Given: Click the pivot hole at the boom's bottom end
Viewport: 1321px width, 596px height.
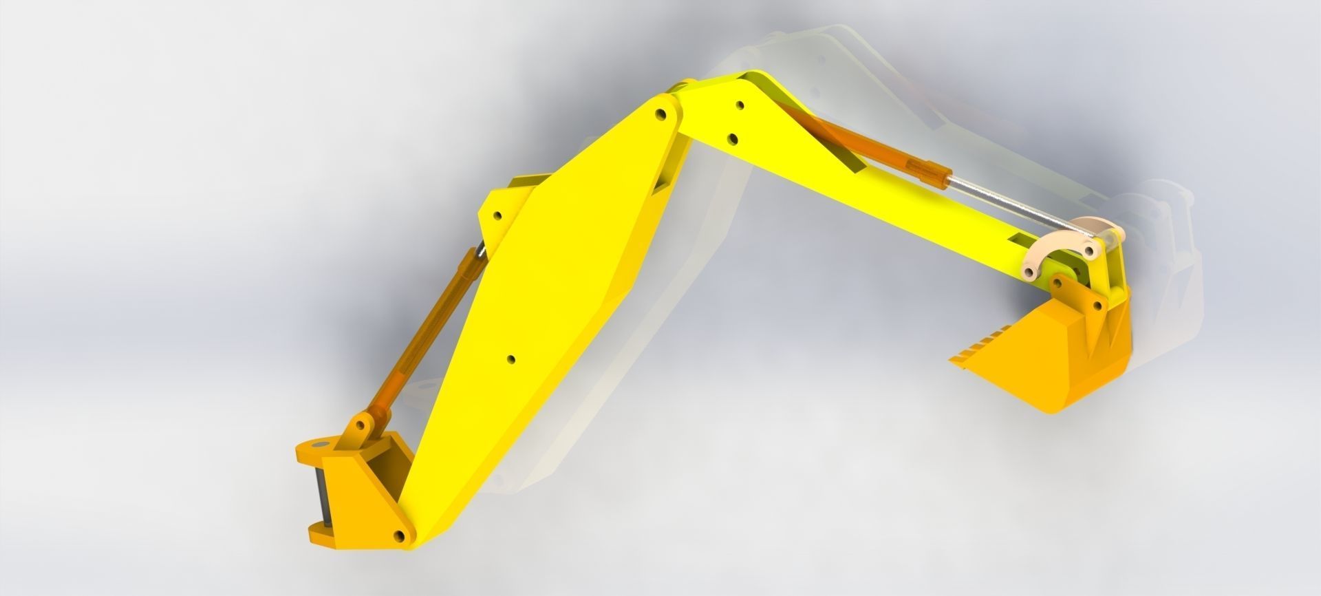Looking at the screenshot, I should [x=398, y=535].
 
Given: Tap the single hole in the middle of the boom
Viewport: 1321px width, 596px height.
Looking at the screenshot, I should [x=510, y=359].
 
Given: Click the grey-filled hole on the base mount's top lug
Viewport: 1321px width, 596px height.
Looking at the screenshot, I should [x=317, y=445].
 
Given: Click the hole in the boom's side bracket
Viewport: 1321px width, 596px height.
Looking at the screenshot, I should [x=497, y=215].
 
